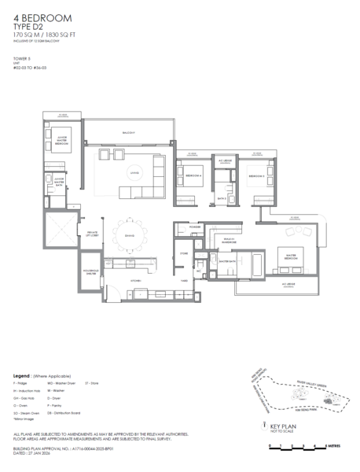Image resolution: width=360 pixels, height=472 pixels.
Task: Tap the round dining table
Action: [129, 236]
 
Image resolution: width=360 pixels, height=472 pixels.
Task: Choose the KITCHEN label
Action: [134, 280]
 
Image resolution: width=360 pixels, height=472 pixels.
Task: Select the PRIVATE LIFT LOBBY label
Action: [91, 234]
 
